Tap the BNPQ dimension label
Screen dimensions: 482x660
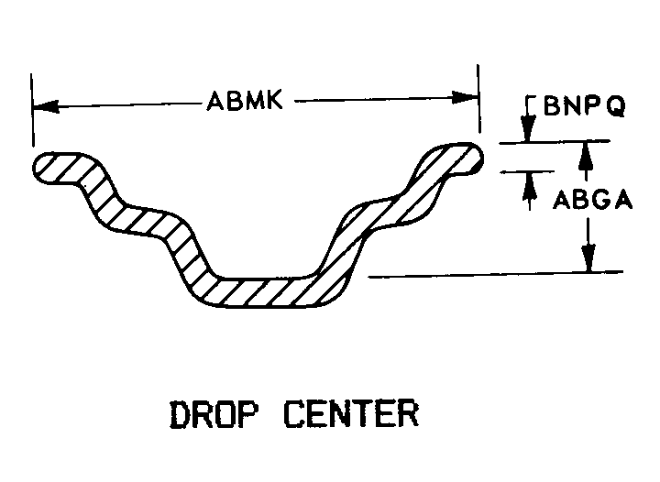[584, 107]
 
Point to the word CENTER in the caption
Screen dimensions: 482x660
[350, 414]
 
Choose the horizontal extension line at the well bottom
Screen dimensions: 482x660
[495, 273]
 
